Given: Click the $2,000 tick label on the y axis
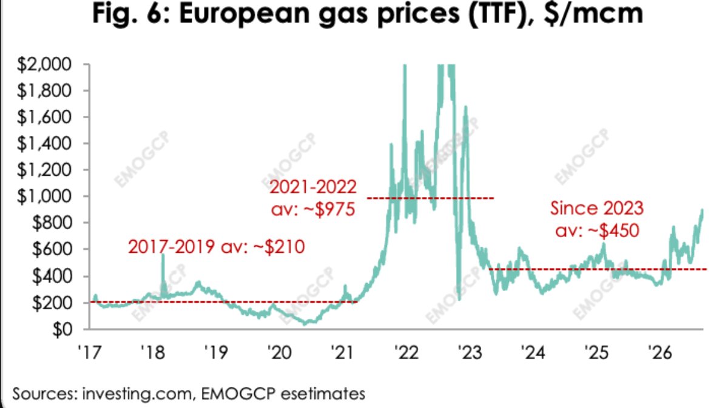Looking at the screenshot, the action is click(44, 64).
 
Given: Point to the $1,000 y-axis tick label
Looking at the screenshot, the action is click(44, 196).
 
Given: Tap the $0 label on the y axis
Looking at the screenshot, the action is click(62, 330).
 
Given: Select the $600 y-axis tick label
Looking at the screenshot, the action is click(52, 250).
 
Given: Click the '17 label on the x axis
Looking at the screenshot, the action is click(90, 352).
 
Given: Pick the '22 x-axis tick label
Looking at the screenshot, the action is click(406, 352).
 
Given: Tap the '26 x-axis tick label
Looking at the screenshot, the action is click(660, 352).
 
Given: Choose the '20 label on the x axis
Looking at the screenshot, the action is click(280, 352).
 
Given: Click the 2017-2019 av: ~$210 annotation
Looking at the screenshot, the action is click(217, 247).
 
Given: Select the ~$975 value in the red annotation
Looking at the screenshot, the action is click(329, 209).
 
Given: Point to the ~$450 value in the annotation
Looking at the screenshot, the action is click(613, 230).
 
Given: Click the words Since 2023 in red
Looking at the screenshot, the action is click(597, 208).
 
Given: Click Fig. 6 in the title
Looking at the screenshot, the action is click(133, 14).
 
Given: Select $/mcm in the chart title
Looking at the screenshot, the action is click(593, 14).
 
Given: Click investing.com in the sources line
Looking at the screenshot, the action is click(137, 393).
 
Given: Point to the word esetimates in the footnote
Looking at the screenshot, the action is click(323, 393).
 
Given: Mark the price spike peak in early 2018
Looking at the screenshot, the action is click(163, 255).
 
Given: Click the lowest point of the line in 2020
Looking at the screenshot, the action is click(305, 324).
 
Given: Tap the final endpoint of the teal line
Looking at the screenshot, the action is click(703, 210).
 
